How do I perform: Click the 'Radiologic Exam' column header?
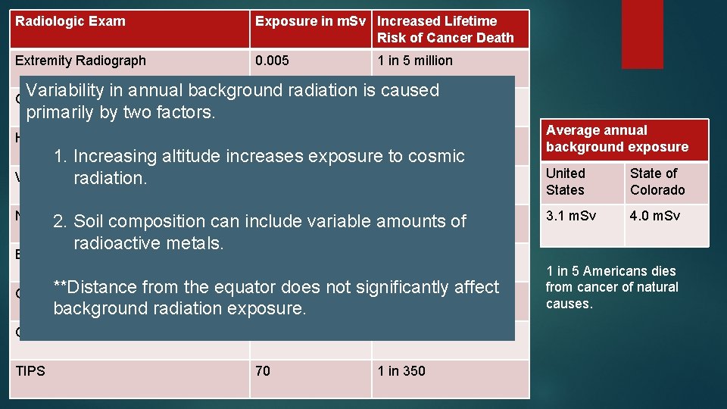coord(70,21)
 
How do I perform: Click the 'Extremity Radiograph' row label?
coord(80,61)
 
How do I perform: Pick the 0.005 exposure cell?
coord(272,61)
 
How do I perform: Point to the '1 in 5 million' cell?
coord(415,61)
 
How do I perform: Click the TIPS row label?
coord(30,370)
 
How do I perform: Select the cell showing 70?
coord(263,370)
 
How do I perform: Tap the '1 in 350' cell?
coord(401,370)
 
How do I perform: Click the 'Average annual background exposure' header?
coord(617,139)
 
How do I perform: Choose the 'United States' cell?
coord(566,182)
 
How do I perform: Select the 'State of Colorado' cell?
coord(657,182)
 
